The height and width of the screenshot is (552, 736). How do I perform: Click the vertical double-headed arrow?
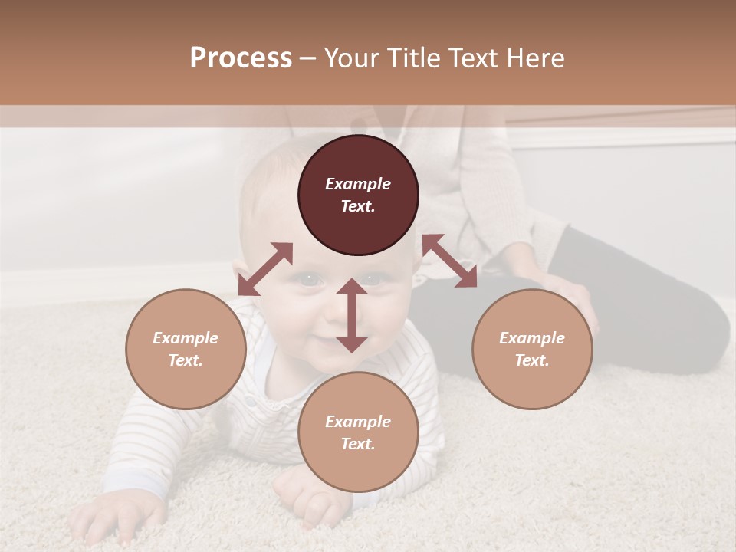(352, 315)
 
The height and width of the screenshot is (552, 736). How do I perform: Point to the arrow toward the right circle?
(449, 261)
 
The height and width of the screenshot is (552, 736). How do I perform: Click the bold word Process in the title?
(241, 58)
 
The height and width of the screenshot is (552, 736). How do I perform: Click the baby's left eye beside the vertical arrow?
(310, 281)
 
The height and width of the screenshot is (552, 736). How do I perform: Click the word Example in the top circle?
(358, 184)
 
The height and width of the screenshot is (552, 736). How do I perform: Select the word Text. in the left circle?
(186, 360)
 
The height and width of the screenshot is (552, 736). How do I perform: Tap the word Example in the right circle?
(532, 338)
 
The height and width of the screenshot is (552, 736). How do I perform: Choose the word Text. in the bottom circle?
(358, 444)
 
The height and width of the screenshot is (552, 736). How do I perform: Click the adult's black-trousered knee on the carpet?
(690, 330)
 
